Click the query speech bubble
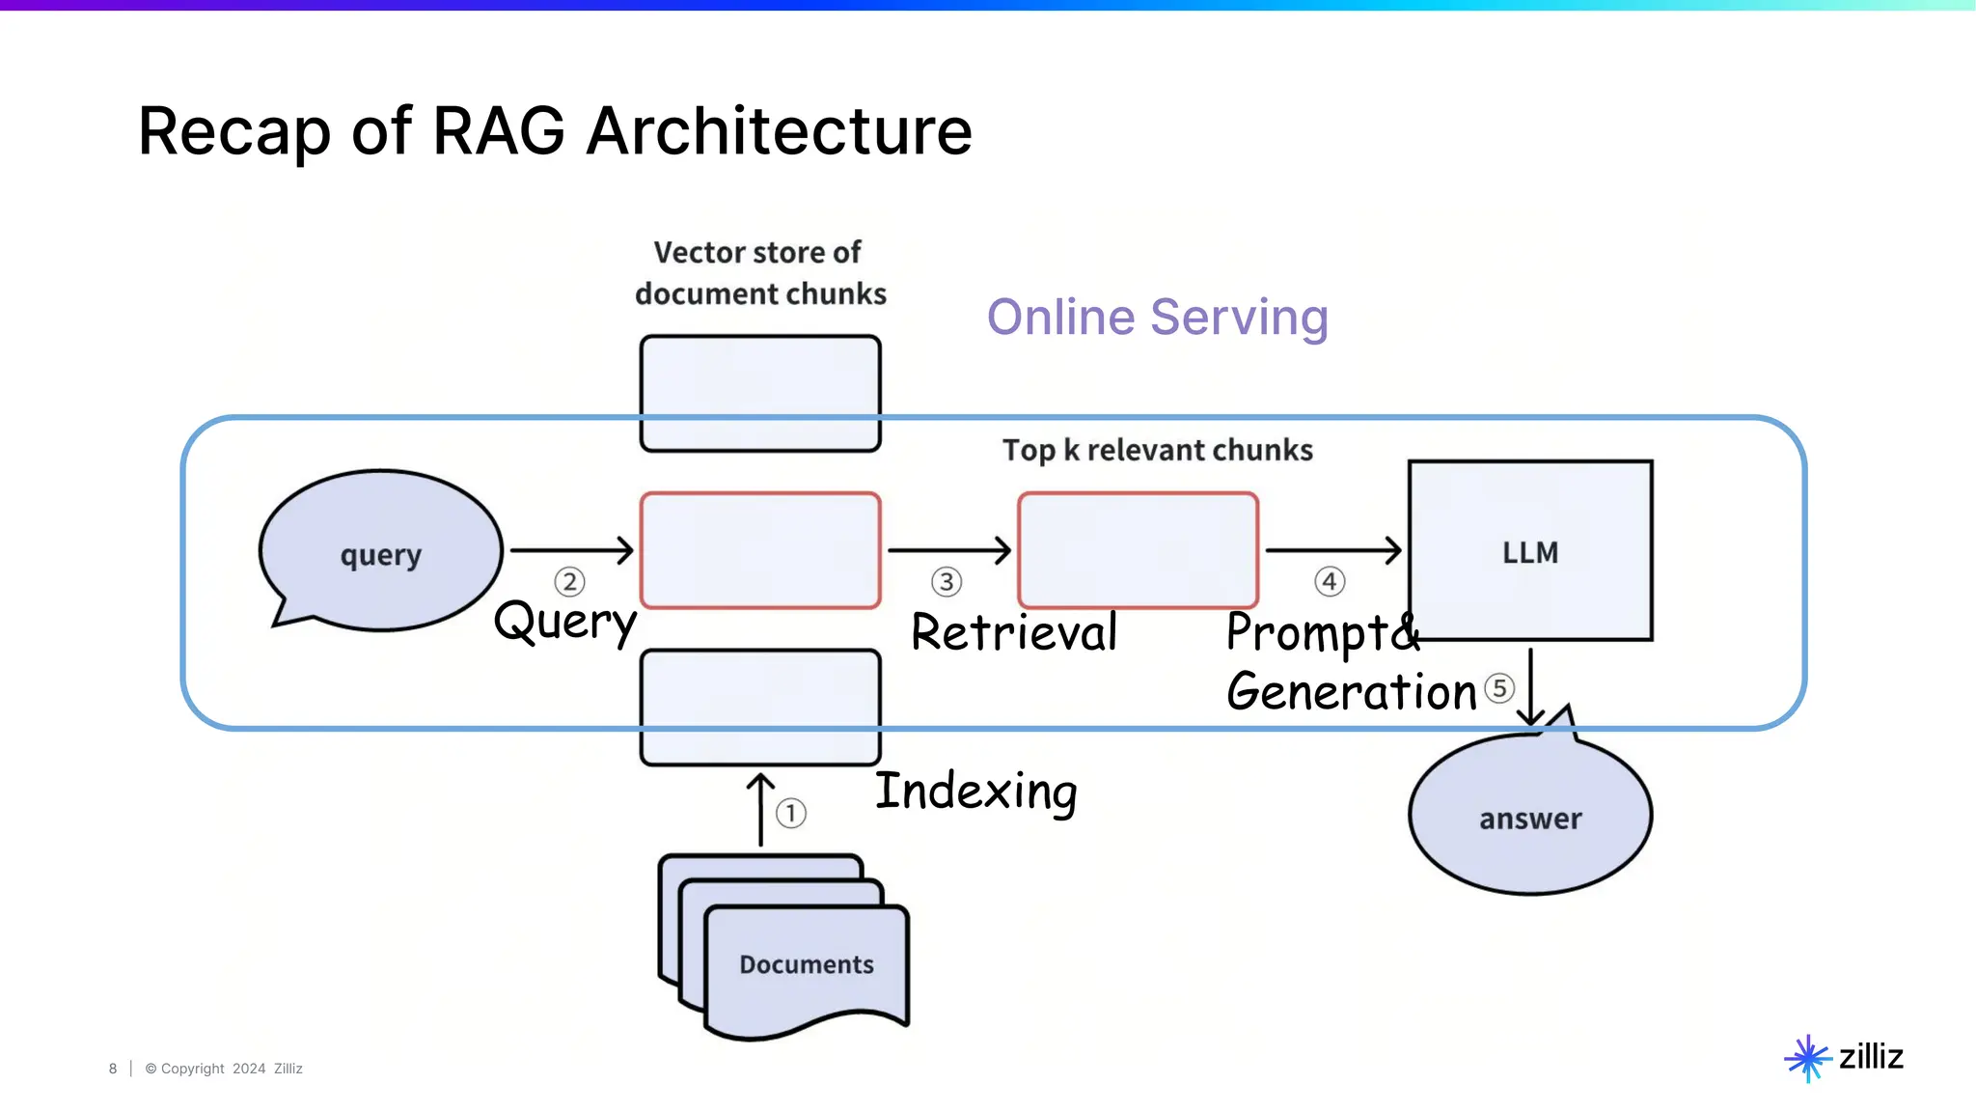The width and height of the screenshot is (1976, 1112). click(x=380, y=551)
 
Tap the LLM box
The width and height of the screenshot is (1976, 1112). click(x=1530, y=551)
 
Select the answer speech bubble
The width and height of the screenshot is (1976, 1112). click(x=1530, y=817)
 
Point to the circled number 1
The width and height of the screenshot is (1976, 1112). click(x=791, y=813)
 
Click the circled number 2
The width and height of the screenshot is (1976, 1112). click(x=569, y=582)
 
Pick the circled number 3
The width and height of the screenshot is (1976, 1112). click(x=947, y=582)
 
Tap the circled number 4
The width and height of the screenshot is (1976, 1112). click(x=1330, y=582)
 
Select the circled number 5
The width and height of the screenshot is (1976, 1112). click(x=1498, y=688)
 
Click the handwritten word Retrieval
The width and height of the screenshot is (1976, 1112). click(x=1013, y=633)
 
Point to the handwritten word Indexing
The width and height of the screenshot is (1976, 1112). click(x=975, y=792)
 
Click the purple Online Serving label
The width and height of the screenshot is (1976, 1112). click(x=1157, y=317)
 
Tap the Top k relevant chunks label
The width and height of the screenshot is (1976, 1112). click(x=1157, y=450)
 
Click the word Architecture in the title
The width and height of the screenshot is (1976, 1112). click(x=779, y=131)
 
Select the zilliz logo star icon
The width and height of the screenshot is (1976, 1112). click(x=1807, y=1058)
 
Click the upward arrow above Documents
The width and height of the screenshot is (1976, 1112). click(x=761, y=809)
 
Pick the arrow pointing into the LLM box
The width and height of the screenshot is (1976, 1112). click(x=1332, y=550)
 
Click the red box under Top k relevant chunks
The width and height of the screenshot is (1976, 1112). click(x=1138, y=550)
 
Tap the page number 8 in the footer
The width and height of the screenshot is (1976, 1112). click(x=113, y=1069)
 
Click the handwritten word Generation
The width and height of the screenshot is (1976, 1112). click(x=1351, y=692)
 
